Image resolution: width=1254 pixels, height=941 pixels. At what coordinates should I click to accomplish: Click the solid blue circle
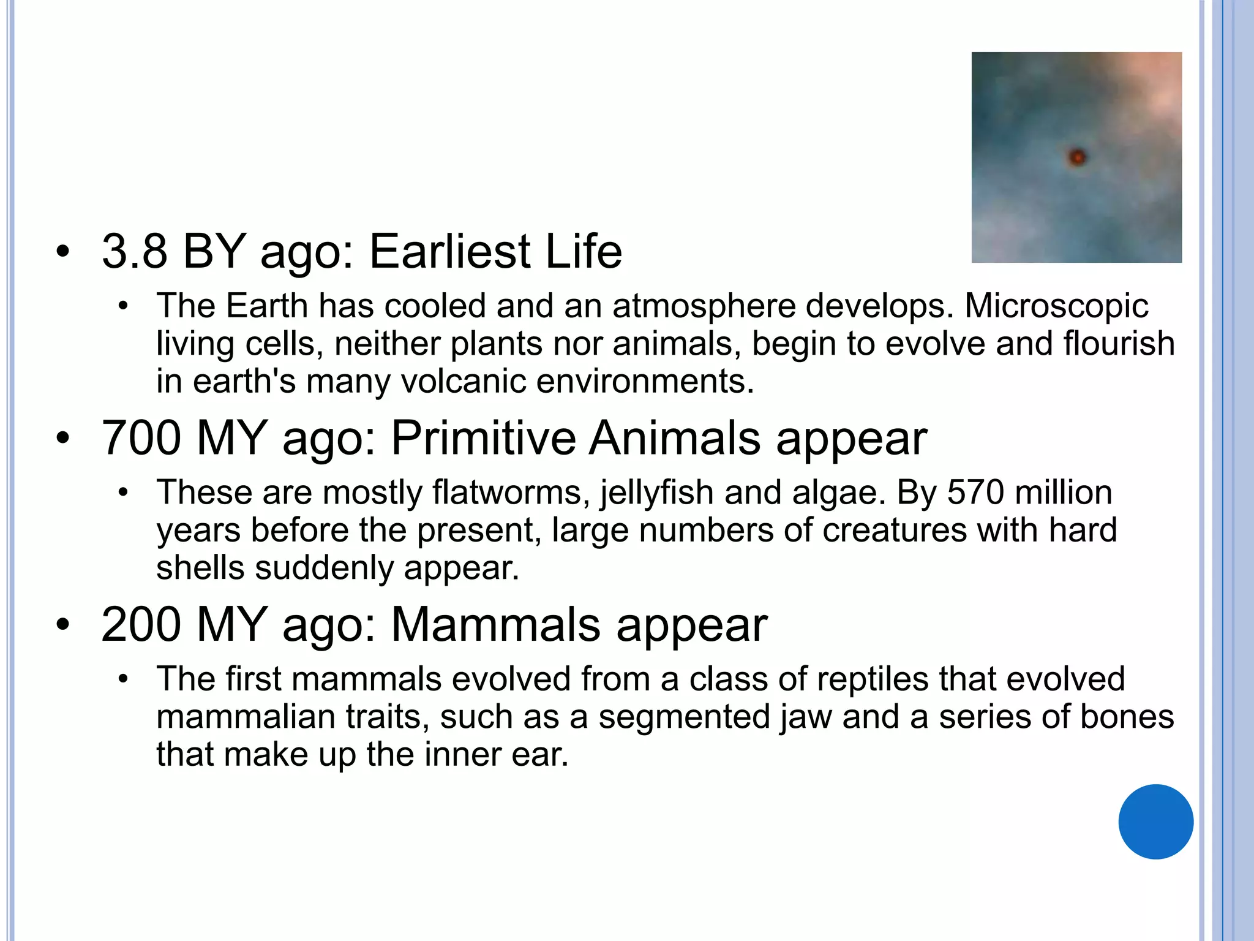click(1155, 822)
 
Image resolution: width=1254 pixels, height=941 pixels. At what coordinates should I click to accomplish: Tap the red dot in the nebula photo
click(1077, 157)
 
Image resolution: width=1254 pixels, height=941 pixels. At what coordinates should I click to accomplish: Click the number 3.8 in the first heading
click(135, 251)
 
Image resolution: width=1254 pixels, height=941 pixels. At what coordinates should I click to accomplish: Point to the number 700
click(141, 438)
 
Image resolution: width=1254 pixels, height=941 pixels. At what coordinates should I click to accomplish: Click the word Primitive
click(484, 438)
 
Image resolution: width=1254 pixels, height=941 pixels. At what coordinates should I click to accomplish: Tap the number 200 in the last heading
click(141, 625)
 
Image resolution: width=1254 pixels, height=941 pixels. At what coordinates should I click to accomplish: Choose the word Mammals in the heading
click(496, 625)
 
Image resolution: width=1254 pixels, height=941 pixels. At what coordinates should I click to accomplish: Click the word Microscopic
click(1056, 306)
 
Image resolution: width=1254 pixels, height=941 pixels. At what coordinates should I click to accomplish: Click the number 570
click(975, 493)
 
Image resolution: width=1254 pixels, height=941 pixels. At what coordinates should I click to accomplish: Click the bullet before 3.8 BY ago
click(62, 252)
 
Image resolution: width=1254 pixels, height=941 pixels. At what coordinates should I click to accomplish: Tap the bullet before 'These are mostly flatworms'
click(123, 493)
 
